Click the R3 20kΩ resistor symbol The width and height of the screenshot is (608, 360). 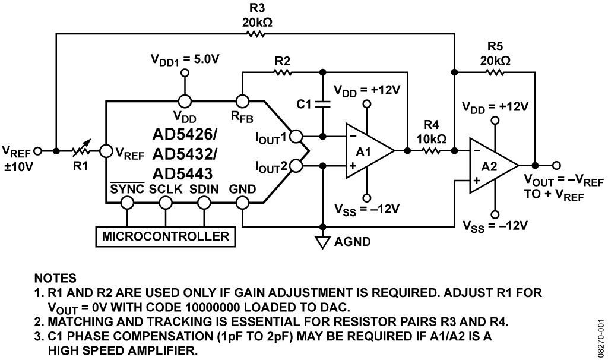coord(256,34)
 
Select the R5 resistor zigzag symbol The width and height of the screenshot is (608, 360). coord(495,72)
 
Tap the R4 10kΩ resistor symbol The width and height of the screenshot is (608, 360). coord(431,150)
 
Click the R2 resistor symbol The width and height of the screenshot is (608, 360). coord(283,72)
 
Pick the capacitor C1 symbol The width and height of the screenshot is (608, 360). coord(322,104)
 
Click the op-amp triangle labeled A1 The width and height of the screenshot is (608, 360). coord(370,151)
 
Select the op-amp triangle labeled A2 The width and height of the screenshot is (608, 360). coord(493,166)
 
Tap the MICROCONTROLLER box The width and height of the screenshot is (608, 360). coord(166,236)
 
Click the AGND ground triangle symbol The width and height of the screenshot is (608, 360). coord(322,242)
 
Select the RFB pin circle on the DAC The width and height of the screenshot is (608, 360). coord(243,101)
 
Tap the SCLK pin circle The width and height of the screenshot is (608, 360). coord(166,203)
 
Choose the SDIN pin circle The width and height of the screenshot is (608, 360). coord(204,203)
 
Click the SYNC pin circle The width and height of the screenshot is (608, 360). coord(127,203)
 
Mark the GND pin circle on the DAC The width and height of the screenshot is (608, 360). coord(243,203)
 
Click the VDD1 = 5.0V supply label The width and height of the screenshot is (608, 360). coord(185,59)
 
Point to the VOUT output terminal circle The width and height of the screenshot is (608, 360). coord(557,166)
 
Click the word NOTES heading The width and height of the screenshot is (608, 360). coord(55,278)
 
